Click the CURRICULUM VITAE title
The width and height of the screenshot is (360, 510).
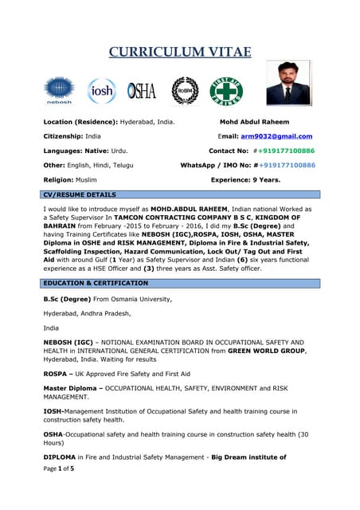(180, 53)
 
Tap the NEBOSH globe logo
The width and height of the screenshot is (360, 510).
(59, 90)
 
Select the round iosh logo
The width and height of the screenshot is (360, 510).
(101, 90)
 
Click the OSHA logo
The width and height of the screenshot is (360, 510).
(142, 90)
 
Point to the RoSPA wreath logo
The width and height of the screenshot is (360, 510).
(185, 90)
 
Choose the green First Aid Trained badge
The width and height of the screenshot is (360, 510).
(226, 90)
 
